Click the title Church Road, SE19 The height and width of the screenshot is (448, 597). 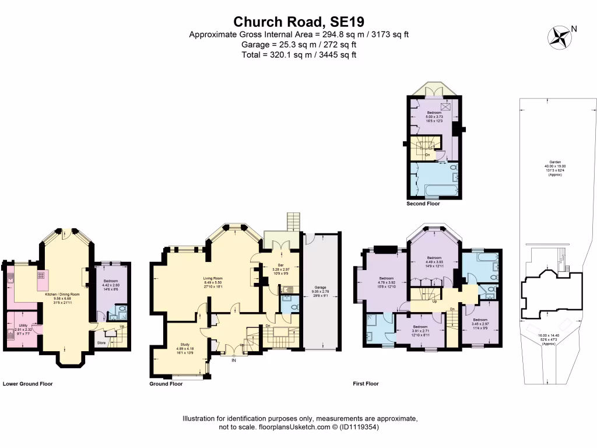coord(298,22)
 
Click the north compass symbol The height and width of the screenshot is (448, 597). coord(561,37)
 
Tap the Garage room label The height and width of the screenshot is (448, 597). coord(320,288)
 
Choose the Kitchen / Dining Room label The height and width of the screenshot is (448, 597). coord(62,295)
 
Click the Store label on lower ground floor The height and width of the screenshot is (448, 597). coord(101,342)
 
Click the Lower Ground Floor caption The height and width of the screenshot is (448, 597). coord(28,384)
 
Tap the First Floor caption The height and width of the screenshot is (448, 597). coord(366,384)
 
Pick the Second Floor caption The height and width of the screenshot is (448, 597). coord(423,204)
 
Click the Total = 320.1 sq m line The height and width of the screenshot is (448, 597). coord(298,55)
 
